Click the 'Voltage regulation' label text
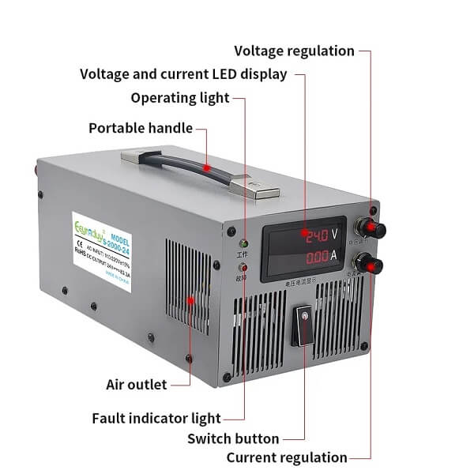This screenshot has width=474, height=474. (294, 51)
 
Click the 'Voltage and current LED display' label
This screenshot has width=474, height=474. (182, 74)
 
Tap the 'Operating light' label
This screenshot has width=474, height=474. (179, 98)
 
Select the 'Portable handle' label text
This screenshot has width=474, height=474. (141, 128)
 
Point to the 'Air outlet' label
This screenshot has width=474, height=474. (136, 385)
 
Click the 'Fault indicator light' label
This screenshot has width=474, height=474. (156, 418)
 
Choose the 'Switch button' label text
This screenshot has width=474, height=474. (233, 438)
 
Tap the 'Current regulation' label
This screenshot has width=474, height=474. (287, 457)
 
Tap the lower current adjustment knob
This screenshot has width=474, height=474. (367, 265)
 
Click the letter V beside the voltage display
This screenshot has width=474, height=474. (335, 235)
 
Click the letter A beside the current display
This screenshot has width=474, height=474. (334, 255)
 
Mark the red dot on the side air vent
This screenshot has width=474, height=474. (191, 300)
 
